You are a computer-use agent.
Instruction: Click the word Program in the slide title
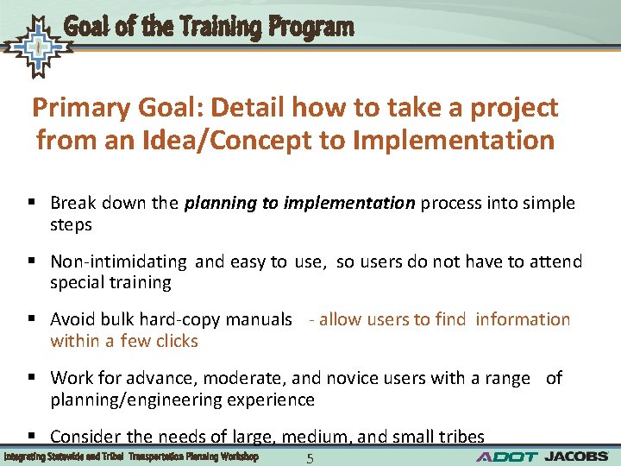point(310,28)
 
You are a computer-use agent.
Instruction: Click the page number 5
point(310,458)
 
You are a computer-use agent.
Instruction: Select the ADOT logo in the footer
point(507,456)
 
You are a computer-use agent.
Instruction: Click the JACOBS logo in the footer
point(577,456)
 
